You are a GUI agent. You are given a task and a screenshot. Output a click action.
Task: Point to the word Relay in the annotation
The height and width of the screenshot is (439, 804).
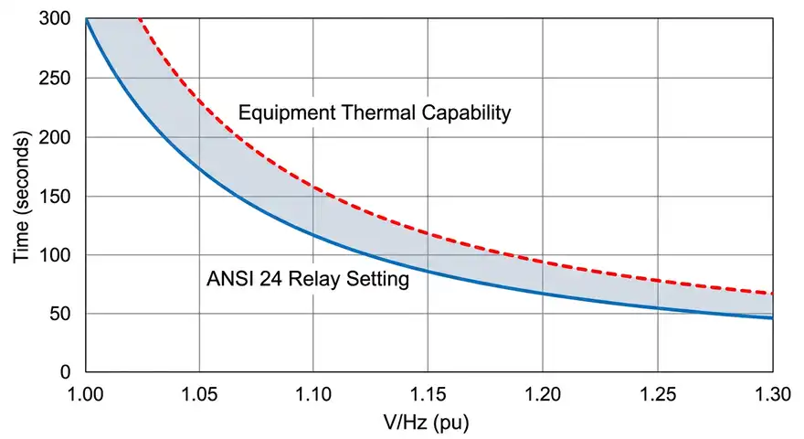click(x=323, y=280)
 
